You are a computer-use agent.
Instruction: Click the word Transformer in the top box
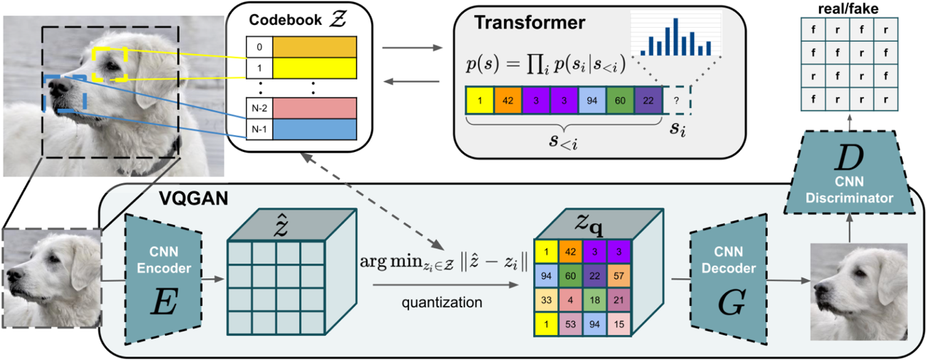click(530, 22)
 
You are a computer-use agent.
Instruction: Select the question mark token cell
click(676, 102)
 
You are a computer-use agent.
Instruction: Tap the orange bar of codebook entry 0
click(314, 47)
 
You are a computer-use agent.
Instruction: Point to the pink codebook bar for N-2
click(314, 107)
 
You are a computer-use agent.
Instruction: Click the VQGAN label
click(184, 197)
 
